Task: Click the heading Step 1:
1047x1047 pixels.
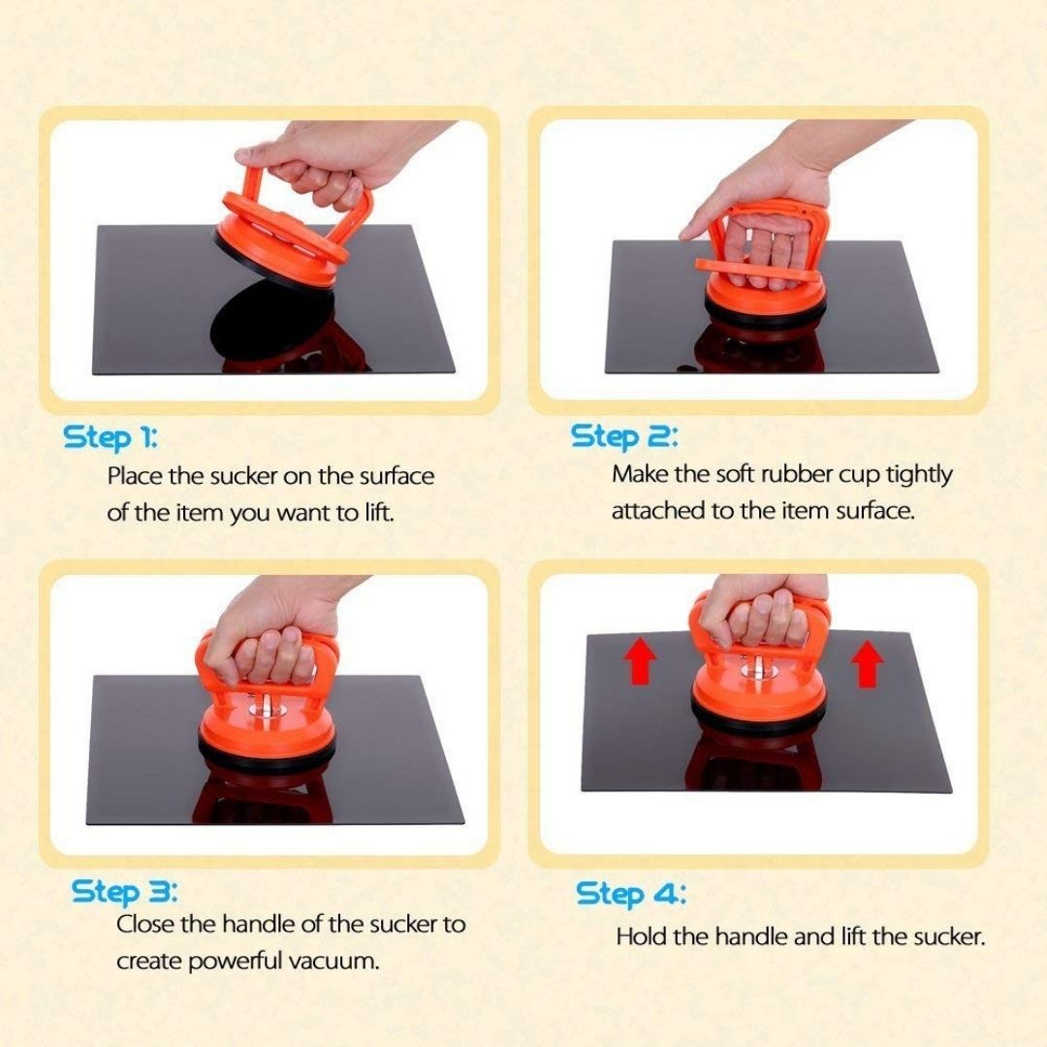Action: coord(111,438)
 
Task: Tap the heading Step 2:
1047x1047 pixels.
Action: coord(623,436)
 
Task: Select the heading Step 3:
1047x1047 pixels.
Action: coord(125,892)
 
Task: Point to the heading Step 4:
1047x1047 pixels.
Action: coord(631,894)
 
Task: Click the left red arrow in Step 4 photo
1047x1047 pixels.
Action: coord(640,660)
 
